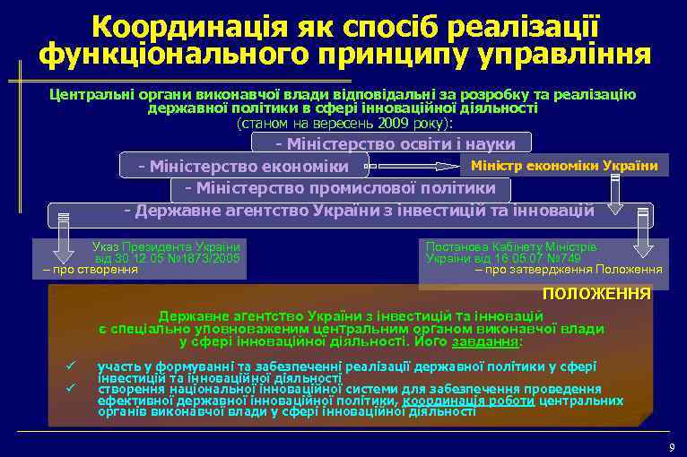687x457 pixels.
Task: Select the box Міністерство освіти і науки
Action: point(396,143)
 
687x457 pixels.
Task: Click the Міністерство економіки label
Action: point(243,167)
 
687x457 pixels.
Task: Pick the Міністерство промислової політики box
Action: point(340,188)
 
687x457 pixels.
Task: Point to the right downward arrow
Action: point(643,237)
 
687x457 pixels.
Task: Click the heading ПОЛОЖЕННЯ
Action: point(596,294)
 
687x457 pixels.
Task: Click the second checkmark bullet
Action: point(68,388)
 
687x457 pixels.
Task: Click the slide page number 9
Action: point(671,447)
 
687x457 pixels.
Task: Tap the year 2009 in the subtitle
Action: point(389,122)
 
